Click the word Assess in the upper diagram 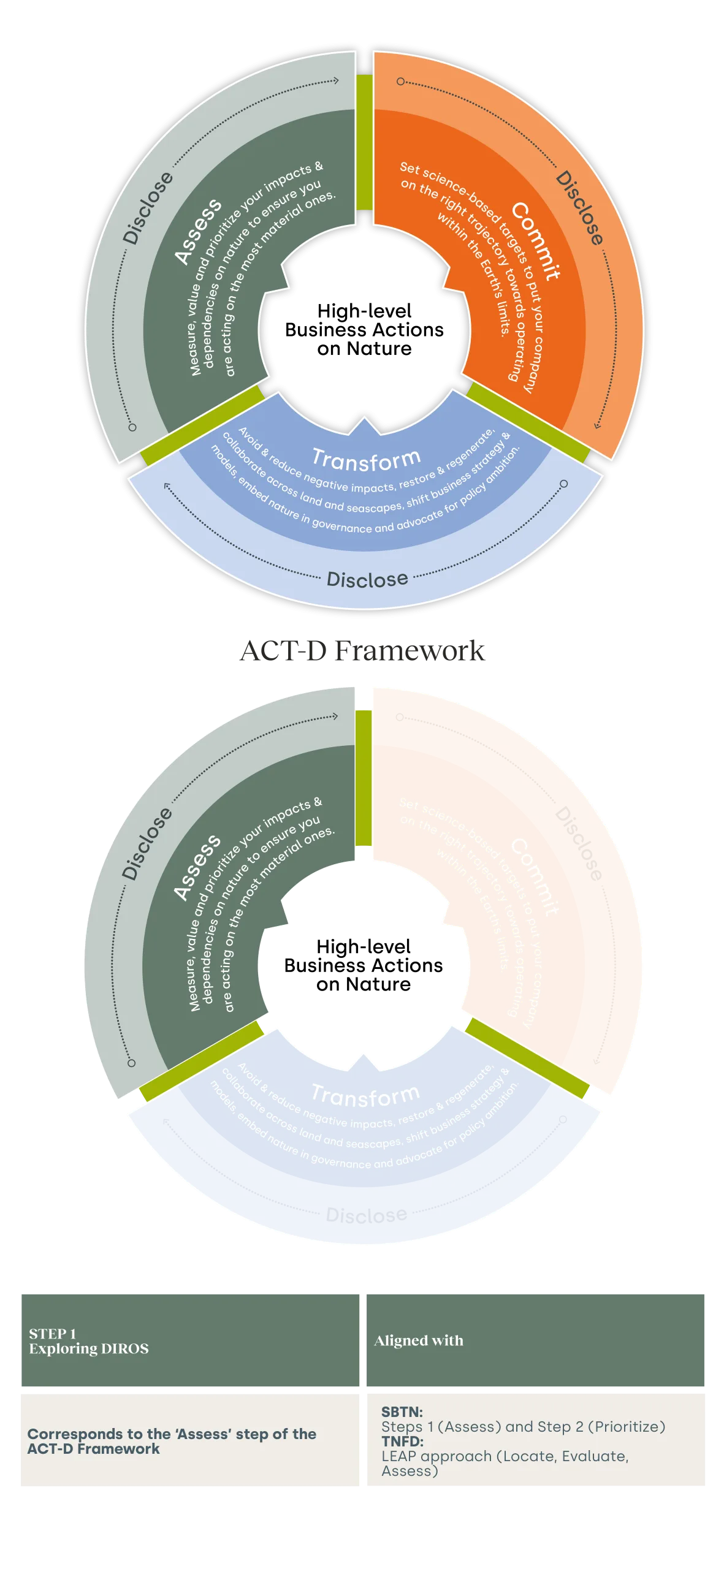[197, 232]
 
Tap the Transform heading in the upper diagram [366, 460]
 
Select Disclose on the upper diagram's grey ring [148, 208]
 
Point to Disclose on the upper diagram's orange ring [579, 208]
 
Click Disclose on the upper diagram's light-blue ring [367, 579]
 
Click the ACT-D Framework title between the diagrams [363, 650]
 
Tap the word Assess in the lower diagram [197, 867]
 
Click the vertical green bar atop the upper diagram [364, 142]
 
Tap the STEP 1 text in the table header [53, 1334]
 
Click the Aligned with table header [419, 1340]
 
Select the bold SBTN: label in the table [402, 1411]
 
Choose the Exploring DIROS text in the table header [89, 1348]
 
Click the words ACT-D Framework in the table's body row [94, 1449]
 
